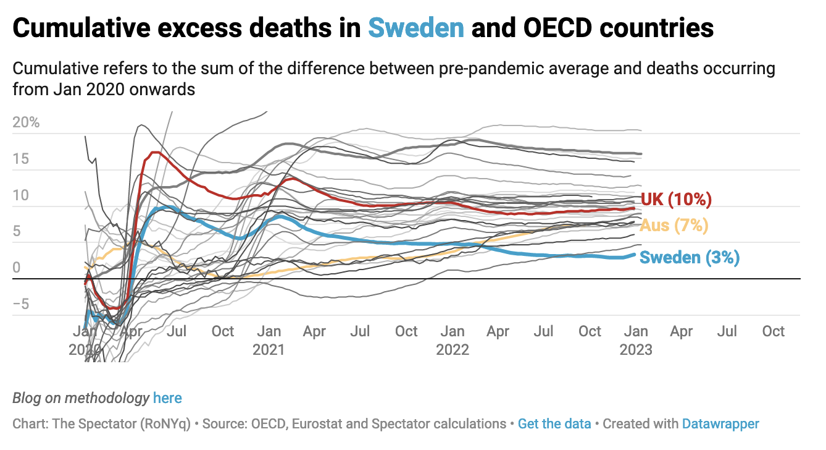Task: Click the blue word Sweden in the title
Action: (416, 28)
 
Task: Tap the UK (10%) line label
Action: (676, 200)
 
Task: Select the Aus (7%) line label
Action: (674, 226)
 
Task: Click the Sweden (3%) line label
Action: (689, 257)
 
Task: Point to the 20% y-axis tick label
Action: (26, 122)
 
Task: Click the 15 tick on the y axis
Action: (21, 159)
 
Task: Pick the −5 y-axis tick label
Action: (21, 305)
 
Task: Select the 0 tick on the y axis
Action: (16, 268)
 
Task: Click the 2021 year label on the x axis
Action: (269, 350)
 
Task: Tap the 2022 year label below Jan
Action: (453, 350)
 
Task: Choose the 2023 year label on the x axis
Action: (636, 350)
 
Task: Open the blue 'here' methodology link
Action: (167, 398)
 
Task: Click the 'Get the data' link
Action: (554, 424)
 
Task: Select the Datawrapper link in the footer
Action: (720, 424)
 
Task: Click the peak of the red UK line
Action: (155, 152)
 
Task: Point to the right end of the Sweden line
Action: (633, 254)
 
